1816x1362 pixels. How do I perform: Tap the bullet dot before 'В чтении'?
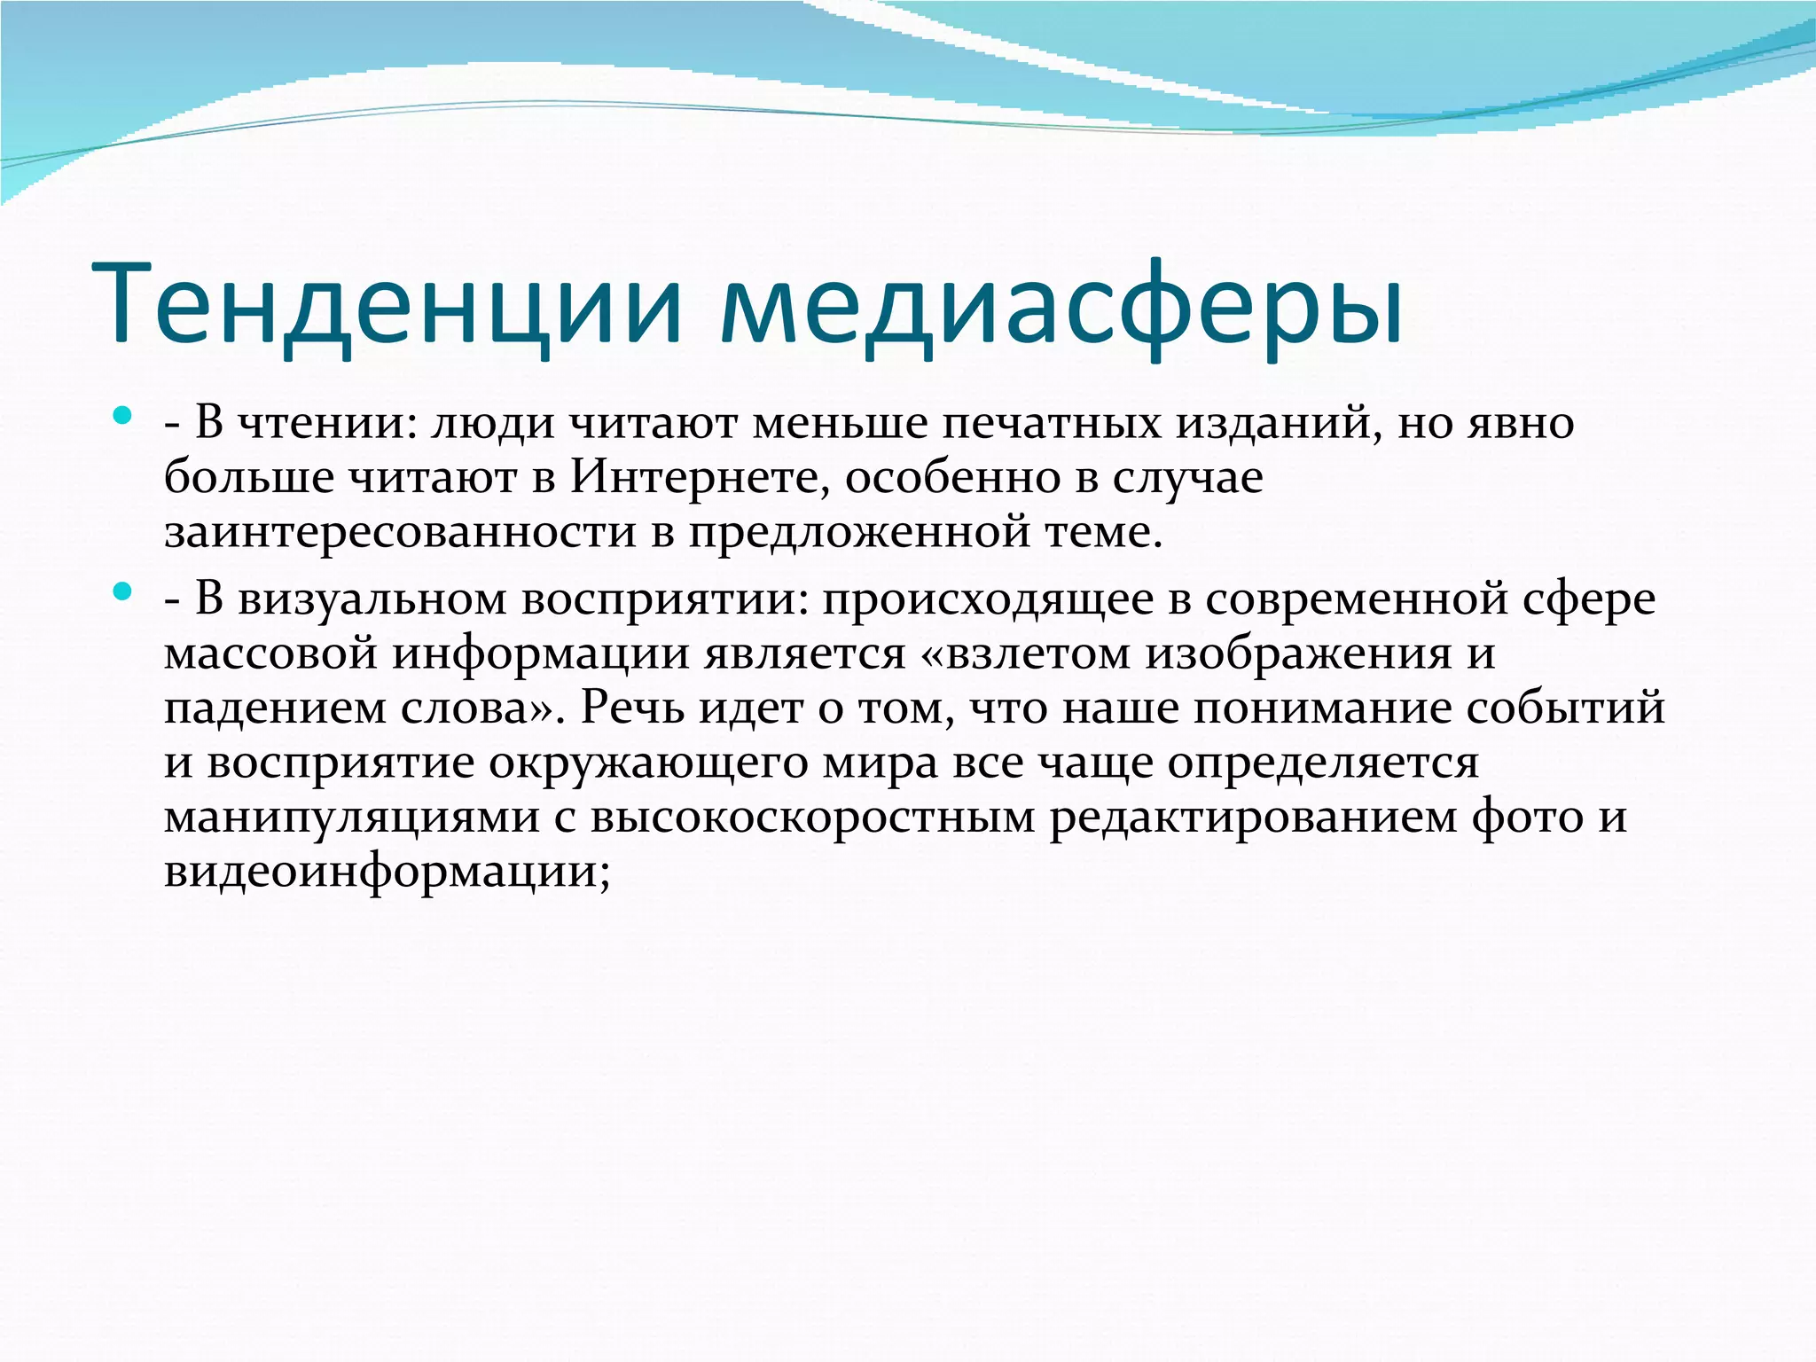(x=123, y=414)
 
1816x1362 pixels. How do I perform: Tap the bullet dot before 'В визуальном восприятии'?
(x=123, y=590)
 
